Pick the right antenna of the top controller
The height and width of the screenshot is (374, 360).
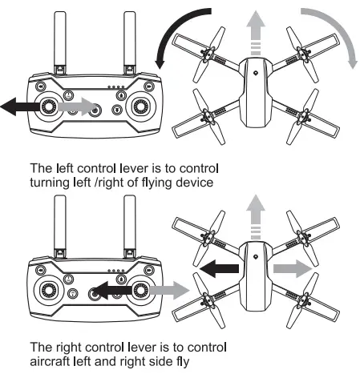129,40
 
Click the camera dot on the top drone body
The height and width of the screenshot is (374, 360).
255,72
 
